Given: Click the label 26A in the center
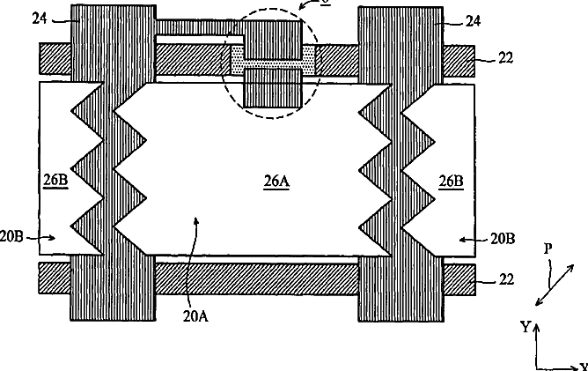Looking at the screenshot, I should pyautogui.click(x=276, y=182).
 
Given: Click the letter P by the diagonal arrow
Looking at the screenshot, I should pyautogui.click(x=548, y=250).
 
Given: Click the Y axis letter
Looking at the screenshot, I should pyautogui.click(x=526, y=326).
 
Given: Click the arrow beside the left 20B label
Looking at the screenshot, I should pyautogui.click(x=46, y=236).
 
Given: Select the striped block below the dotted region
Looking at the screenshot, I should pyautogui.click(x=272, y=89).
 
